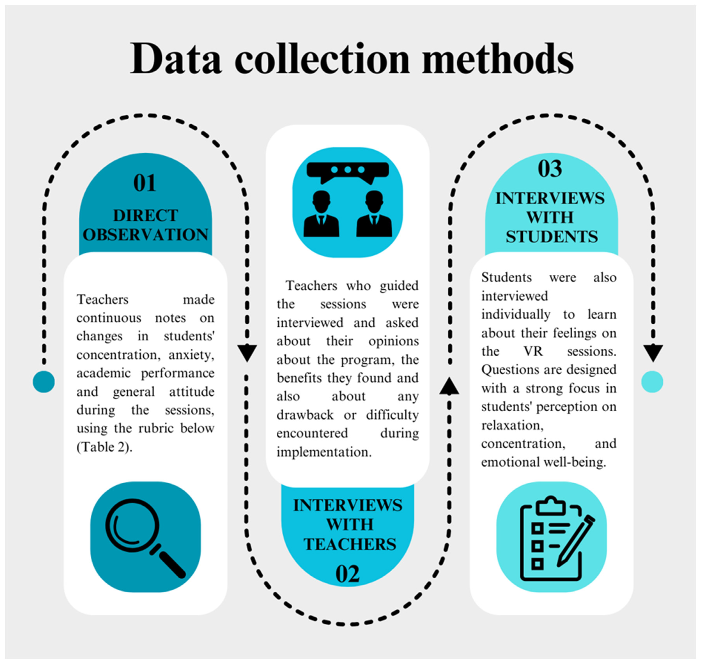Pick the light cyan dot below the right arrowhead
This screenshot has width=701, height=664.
(x=652, y=382)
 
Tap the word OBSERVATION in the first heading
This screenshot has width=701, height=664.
(x=146, y=235)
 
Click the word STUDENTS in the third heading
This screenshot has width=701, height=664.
(x=552, y=236)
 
